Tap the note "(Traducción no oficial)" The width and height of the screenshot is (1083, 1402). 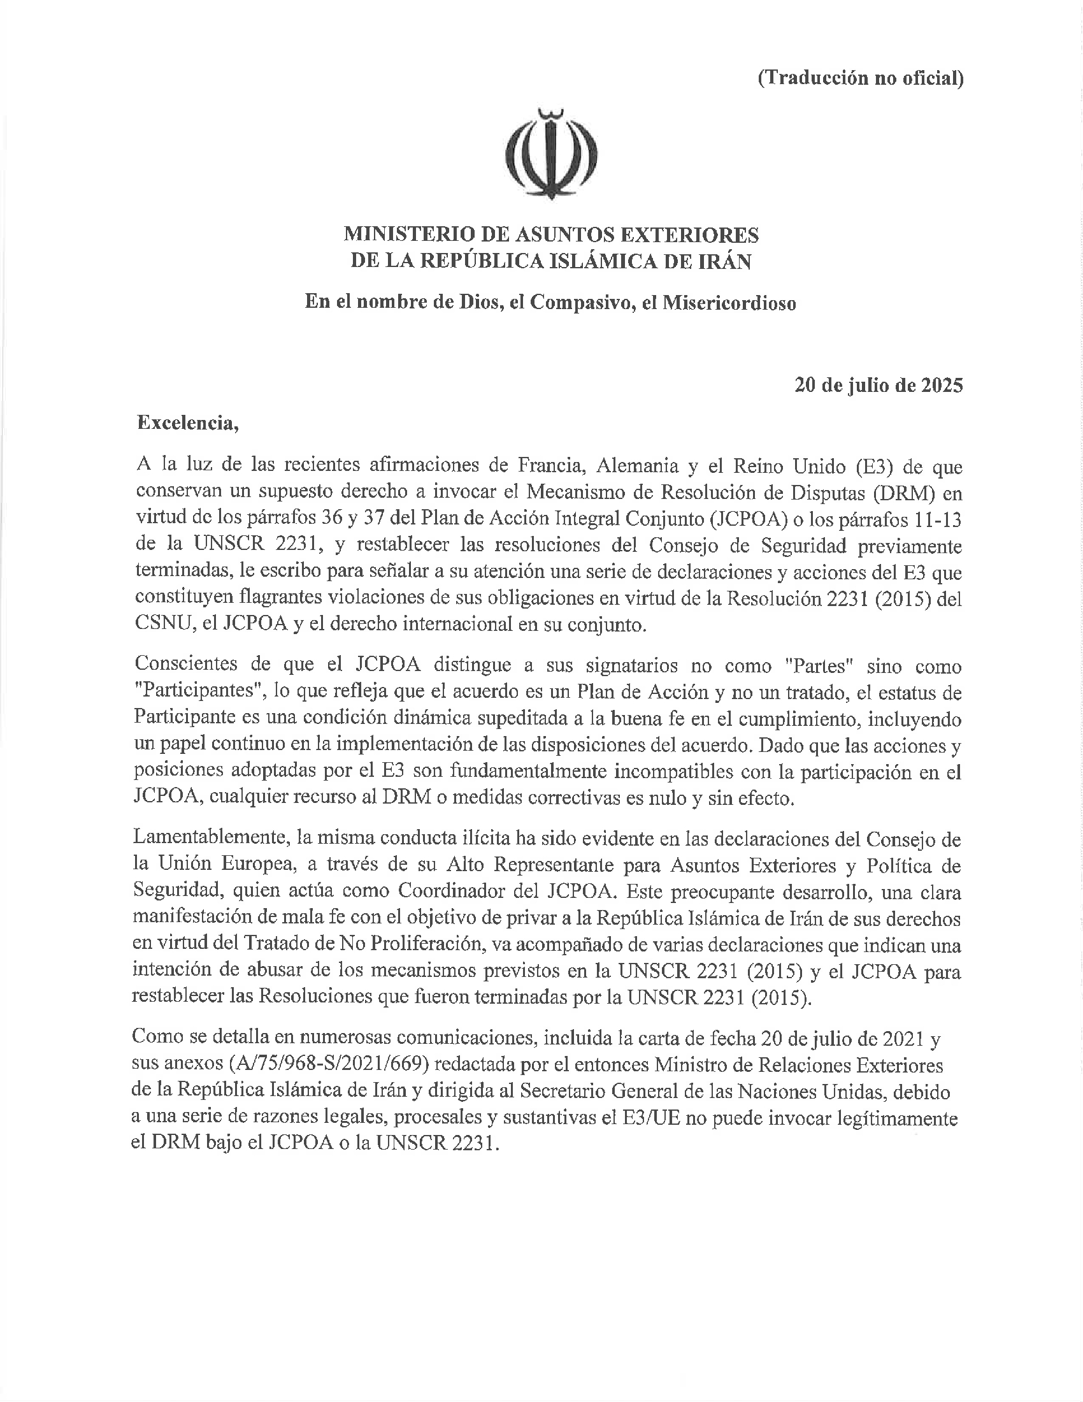coord(860,78)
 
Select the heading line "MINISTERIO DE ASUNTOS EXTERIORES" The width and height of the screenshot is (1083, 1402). coord(551,235)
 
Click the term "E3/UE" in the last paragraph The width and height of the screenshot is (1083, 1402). coord(651,1120)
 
